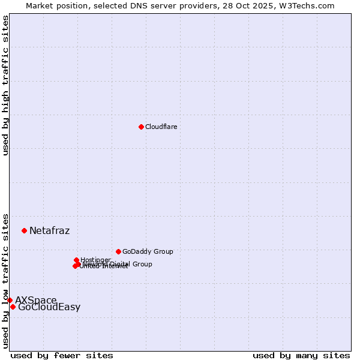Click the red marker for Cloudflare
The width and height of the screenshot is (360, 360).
pyautogui.click(x=141, y=127)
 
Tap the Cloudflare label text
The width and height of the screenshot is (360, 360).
pyautogui.click(x=161, y=127)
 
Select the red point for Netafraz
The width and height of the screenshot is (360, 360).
pyautogui.click(x=24, y=230)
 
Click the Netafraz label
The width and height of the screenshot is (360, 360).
pyautogui.click(x=49, y=231)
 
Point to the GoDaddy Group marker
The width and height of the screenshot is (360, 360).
pyautogui.click(x=118, y=251)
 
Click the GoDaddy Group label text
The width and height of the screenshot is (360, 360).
pyautogui.click(x=148, y=252)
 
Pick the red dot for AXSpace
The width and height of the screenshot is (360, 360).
pyautogui.click(x=10, y=300)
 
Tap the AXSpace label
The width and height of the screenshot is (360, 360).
pyautogui.click(x=36, y=300)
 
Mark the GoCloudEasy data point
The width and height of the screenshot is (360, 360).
pyautogui.click(x=13, y=307)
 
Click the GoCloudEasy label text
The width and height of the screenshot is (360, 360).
pyautogui.click(x=49, y=307)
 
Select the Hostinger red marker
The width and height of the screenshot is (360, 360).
pyautogui.click(x=76, y=260)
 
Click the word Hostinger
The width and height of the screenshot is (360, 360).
pyautogui.click(x=96, y=260)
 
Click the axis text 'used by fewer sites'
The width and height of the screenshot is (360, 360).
pyautogui.click(x=62, y=355)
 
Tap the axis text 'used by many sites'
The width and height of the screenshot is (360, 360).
pyautogui.click(x=301, y=355)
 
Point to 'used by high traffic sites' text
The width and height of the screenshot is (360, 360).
pyautogui.click(x=6, y=85)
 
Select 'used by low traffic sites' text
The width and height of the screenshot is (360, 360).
pyautogui.click(x=6, y=280)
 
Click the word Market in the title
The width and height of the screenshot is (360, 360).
pyautogui.click(x=40, y=5)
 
